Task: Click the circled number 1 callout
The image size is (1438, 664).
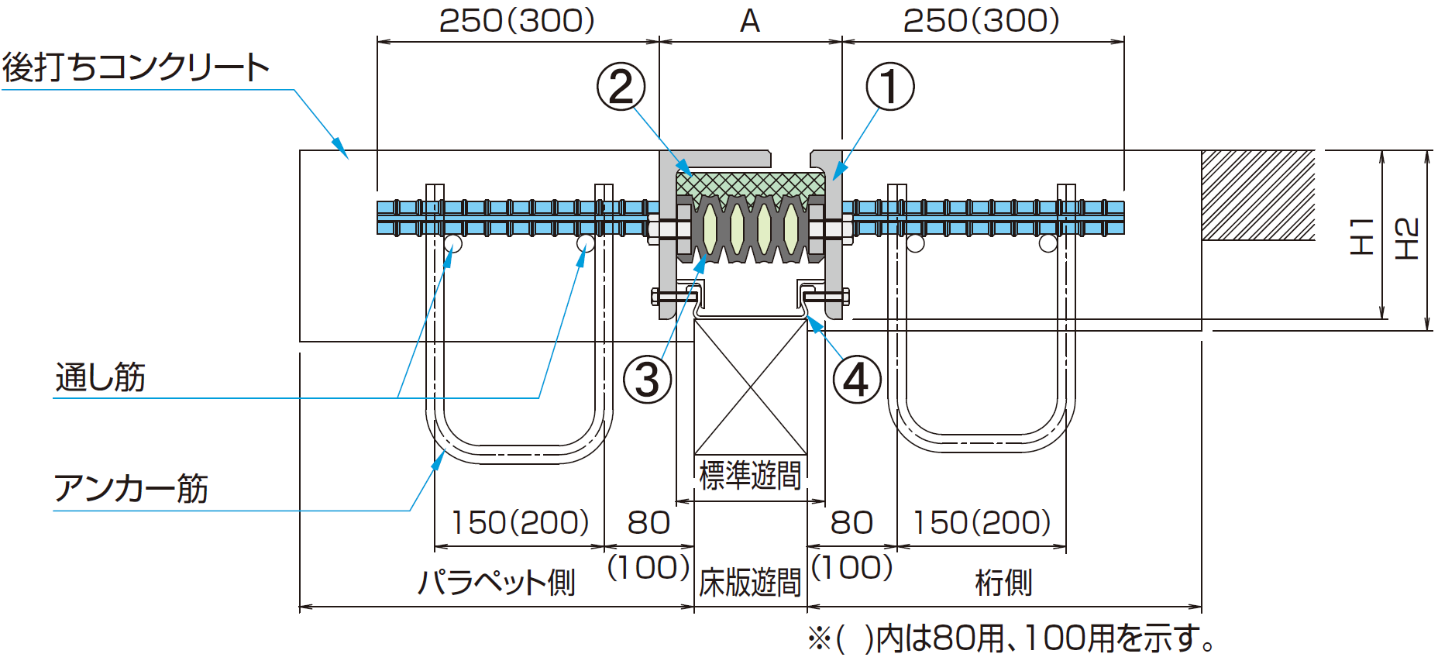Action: point(889,87)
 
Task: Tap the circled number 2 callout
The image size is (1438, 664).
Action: point(621,87)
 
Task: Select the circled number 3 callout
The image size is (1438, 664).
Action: point(647,380)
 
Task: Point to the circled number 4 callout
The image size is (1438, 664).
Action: point(856,380)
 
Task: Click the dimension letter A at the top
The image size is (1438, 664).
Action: point(749,22)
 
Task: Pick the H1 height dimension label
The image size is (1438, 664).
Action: point(1361,236)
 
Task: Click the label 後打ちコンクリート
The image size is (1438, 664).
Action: point(136,67)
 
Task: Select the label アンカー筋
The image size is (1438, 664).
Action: point(131,489)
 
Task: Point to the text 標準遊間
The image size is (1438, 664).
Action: point(749,475)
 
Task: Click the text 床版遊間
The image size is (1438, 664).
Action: point(749,583)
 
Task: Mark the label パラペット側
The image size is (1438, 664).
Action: point(497,582)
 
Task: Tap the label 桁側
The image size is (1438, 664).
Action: point(1003,583)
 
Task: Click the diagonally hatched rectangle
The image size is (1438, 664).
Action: point(1257,195)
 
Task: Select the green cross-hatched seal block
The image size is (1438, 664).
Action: point(750,184)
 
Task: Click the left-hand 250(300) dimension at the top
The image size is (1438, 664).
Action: point(517,22)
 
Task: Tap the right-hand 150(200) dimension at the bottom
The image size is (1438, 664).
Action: point(981,523)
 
